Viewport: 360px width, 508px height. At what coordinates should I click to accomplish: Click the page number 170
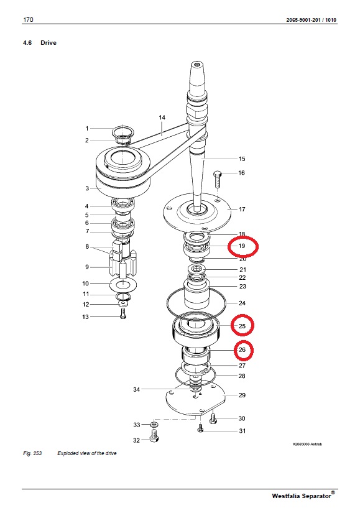tap(28, 19)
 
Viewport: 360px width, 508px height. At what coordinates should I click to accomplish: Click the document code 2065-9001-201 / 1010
tap(311, 20)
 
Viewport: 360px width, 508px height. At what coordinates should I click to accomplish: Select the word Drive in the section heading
tap(48, 43)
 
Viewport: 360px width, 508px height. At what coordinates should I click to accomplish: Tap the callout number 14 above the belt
tap(162, 118)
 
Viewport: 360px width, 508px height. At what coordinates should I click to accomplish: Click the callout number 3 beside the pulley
tap(87, 188)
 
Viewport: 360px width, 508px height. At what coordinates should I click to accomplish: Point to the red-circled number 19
tap(242, 246)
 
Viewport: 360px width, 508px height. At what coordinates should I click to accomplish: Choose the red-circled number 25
tap(242, 326)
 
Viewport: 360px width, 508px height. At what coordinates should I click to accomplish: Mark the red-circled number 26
tap(242, 350)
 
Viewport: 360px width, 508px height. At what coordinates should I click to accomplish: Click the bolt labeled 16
tap(217, 179)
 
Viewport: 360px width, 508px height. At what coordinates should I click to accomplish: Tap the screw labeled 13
tap(123, 314)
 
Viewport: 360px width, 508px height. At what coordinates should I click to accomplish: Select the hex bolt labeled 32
tap(155, 435)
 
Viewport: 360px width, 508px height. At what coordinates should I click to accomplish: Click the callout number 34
tap(136, 389)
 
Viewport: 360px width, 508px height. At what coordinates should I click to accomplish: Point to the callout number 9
tap(87, 267)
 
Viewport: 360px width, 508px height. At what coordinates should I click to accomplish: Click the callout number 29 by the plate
tap(242, 395)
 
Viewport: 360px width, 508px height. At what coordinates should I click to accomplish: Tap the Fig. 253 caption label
tap(32, 453)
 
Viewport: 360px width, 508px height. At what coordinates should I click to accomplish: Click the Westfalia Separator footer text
tap(302, 496)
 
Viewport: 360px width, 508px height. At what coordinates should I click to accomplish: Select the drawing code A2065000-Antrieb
tap(307, 444)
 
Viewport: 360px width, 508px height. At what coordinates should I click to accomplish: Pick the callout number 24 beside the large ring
tap(242, 303)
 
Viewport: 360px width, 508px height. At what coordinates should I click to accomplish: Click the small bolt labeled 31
tap(200, 428)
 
